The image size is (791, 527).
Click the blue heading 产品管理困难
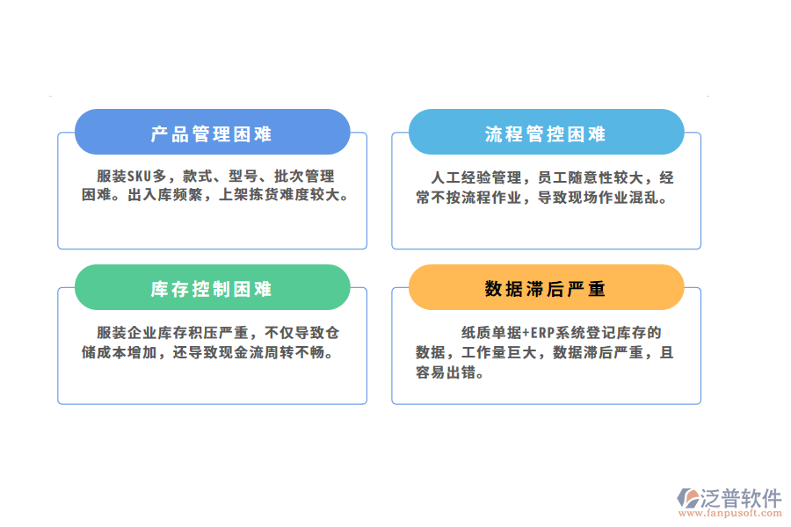point(212,134)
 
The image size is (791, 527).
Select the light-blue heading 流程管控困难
point(546,134)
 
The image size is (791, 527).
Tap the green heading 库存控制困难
point(212,290)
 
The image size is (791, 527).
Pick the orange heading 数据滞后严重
point(546,290)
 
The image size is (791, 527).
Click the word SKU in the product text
point(142,177)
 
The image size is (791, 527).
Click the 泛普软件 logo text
point(740,498)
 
